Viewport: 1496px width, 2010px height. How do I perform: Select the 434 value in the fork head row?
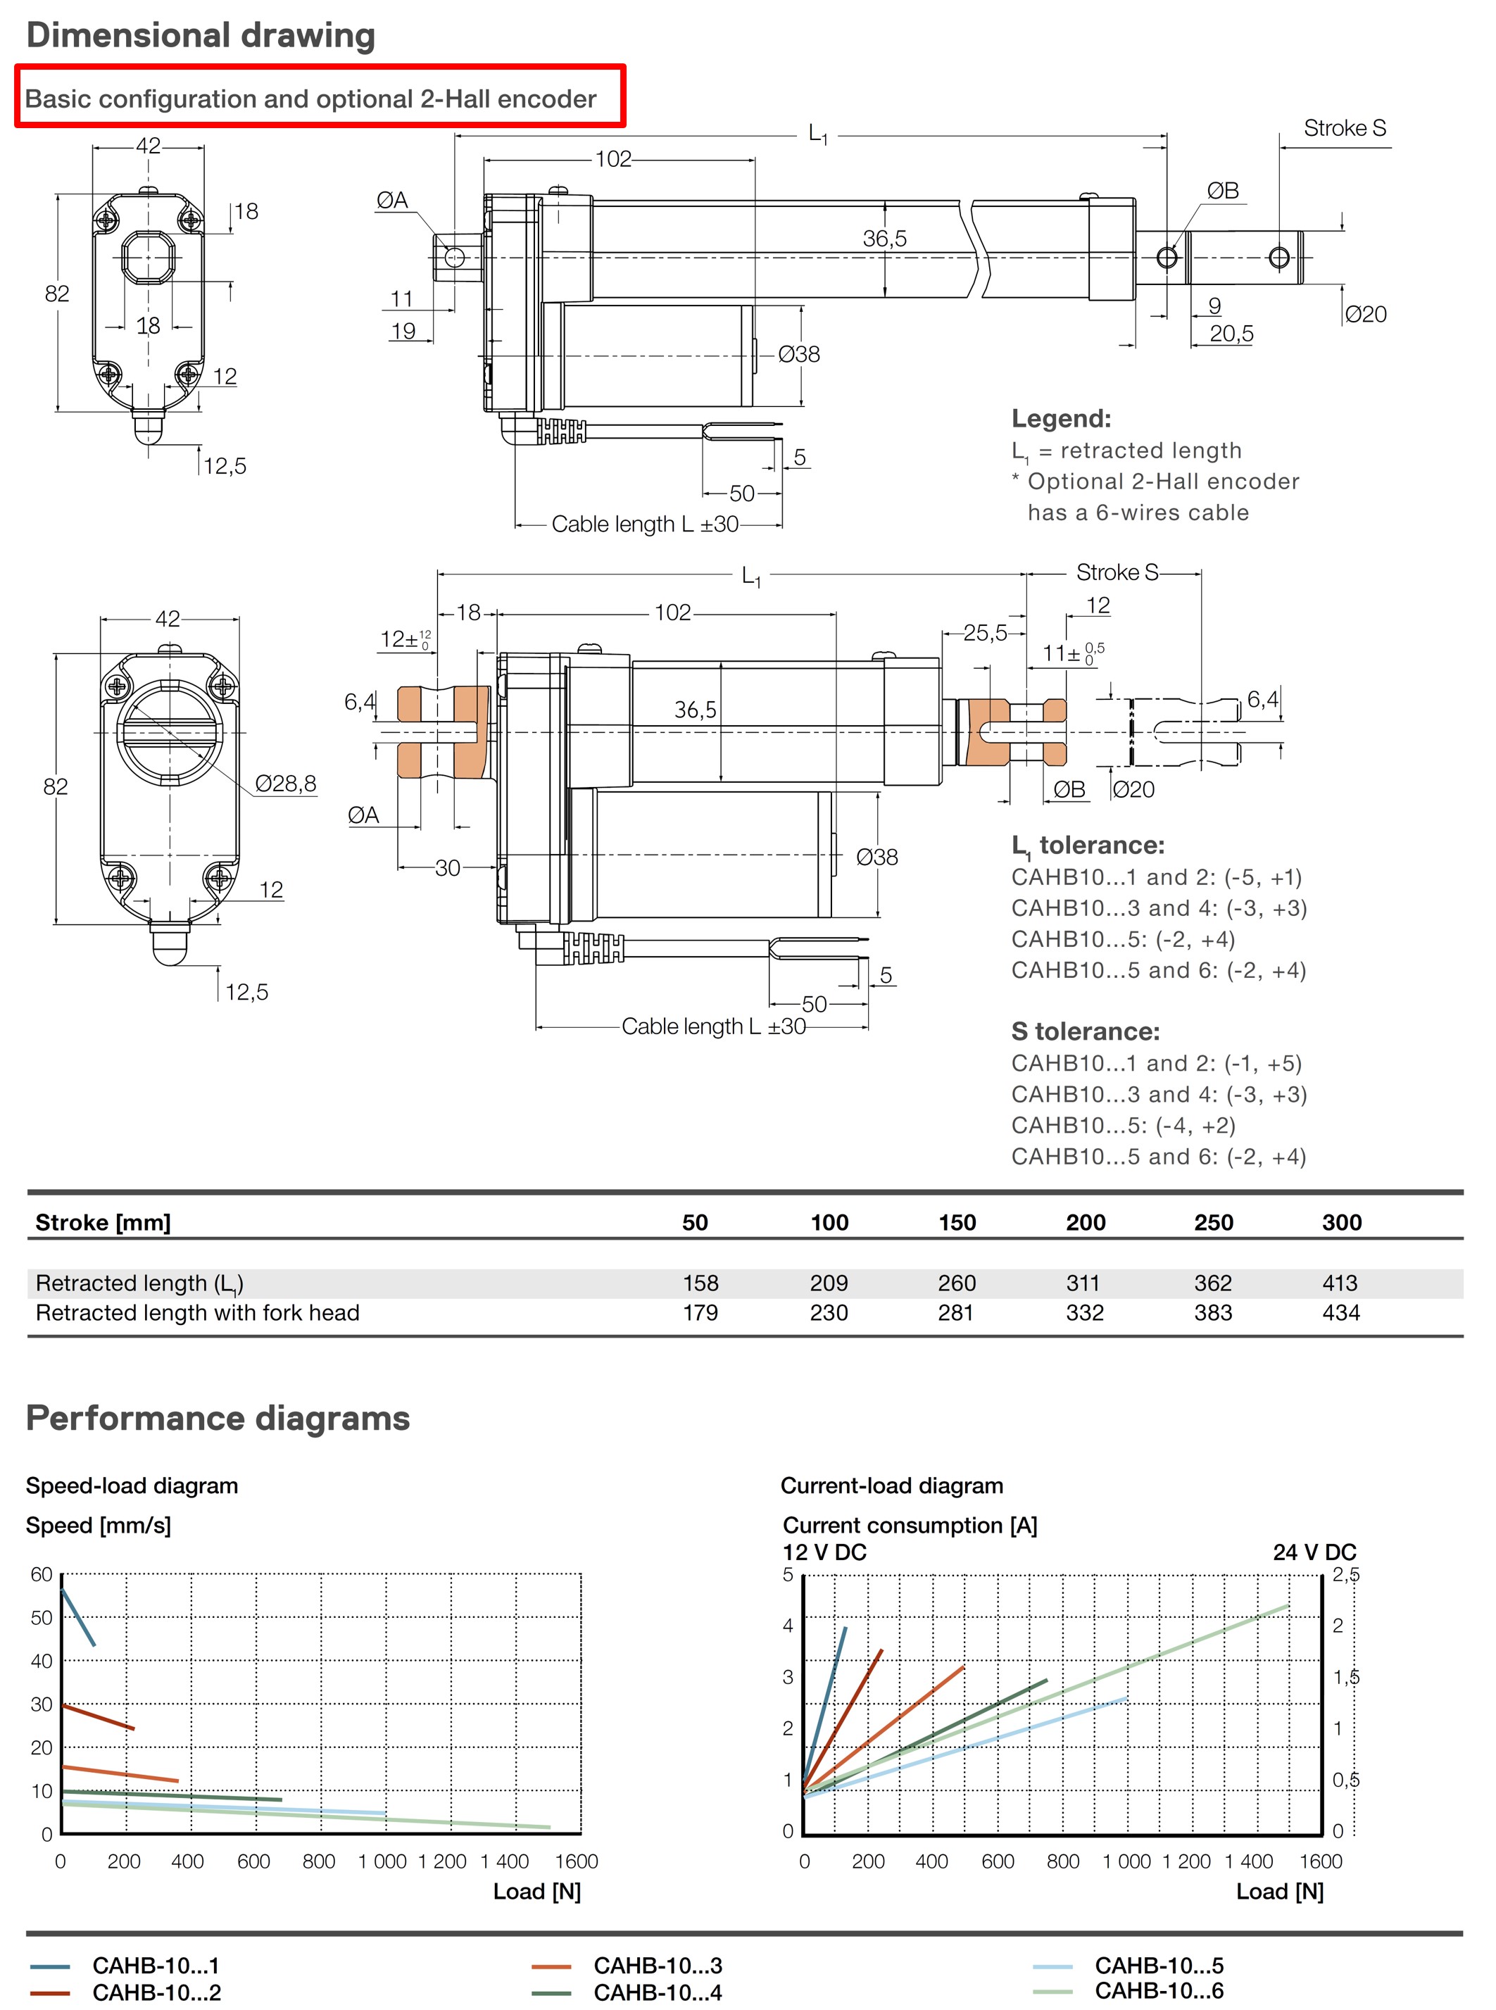point(1340,1313)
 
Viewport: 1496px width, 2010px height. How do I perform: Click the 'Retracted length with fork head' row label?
point(197,1313)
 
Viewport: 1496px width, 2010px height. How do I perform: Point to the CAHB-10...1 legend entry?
point(155,1966)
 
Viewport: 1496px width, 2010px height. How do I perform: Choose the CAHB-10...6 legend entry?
point(1158,1991)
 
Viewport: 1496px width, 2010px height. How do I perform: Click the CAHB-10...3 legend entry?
point(658,1966)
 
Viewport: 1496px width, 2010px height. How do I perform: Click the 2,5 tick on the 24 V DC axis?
point(1345,1576)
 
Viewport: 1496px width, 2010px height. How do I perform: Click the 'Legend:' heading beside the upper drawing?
point(1060,418)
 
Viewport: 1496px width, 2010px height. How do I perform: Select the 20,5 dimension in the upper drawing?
point(1231,334)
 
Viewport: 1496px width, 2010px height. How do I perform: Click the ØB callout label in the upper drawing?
point(1223,191)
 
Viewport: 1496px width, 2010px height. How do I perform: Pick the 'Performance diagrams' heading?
point(218,1418)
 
